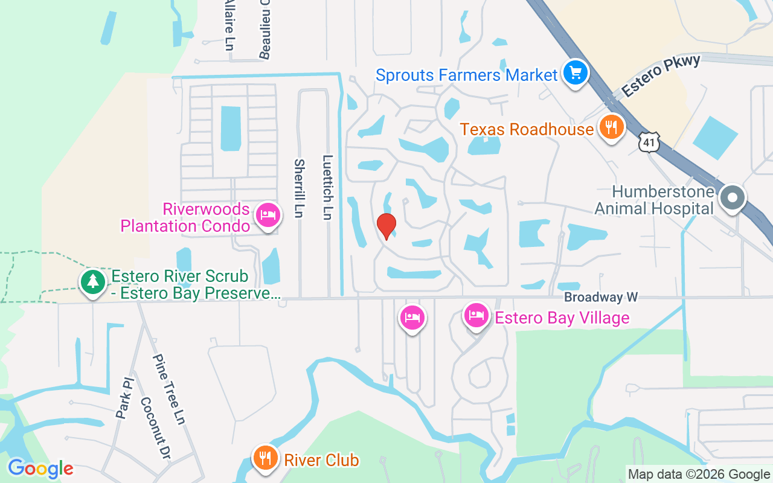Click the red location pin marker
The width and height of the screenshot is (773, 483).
click(386, 226)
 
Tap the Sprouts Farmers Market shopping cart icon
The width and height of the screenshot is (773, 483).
click(576, 74)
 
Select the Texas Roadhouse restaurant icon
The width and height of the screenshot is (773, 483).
click(612, 128)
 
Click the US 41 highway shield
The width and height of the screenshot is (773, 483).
click(649, 142)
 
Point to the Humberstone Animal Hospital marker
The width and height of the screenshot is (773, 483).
click(732, 197)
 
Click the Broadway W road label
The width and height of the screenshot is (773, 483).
click(601, 298)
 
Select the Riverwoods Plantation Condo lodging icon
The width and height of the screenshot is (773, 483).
click(268, 216)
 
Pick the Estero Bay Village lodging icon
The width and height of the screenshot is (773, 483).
click(476, 316)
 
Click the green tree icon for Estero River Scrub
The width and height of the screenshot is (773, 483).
click(92, 281)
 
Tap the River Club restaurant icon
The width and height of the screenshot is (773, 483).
click(265, 458)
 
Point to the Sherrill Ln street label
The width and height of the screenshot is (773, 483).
click(299, 188)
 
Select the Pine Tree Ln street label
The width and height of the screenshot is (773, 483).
click(168, 389)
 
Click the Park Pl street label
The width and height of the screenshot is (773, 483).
click(124, 398)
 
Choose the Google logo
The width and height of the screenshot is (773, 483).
click(40, 469)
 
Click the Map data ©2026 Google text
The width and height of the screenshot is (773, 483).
click(699, 475)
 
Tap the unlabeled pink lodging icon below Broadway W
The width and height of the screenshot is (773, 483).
click(412, 318)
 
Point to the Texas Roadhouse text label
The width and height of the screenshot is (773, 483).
click(527, 130)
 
